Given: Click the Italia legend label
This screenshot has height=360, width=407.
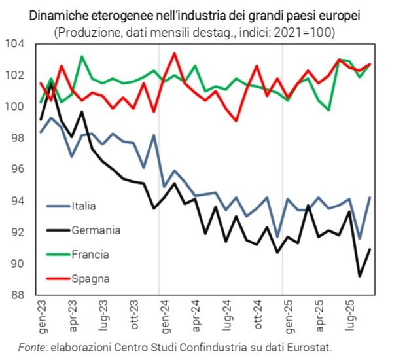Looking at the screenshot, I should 84,206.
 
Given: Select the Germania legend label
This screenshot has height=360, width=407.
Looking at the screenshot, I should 96,230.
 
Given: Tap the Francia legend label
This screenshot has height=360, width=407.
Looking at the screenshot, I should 90,254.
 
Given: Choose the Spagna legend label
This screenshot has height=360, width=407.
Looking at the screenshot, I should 90,278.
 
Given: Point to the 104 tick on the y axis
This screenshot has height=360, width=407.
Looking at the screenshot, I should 14,44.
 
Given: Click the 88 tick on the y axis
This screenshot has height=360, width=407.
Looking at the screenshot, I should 17,295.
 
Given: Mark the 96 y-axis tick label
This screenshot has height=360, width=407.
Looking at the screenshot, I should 17,170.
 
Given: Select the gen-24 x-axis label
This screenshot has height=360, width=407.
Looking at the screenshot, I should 160,317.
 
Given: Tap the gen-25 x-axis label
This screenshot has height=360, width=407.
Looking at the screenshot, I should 283,317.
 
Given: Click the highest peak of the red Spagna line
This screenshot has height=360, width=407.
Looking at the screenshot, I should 174,53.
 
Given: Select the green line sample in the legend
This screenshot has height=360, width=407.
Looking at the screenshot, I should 58,254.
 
